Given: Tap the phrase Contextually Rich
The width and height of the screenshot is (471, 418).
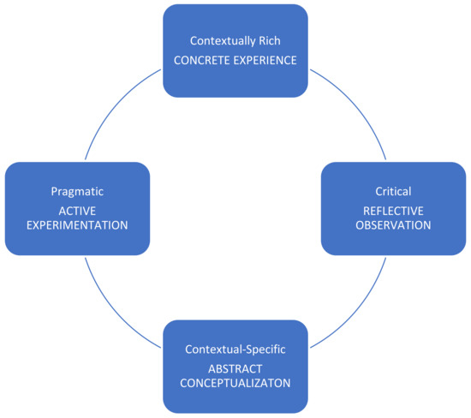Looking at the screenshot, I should point(235,39).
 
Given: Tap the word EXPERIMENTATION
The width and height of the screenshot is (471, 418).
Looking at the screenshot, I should point(77,227).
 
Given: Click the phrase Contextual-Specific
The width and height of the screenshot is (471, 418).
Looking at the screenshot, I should point(235,349).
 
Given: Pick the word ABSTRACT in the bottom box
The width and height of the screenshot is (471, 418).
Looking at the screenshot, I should point(235,367).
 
